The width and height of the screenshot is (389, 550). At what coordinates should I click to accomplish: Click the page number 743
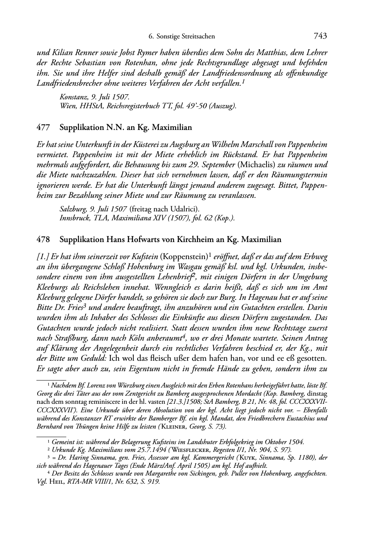[320, 36]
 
